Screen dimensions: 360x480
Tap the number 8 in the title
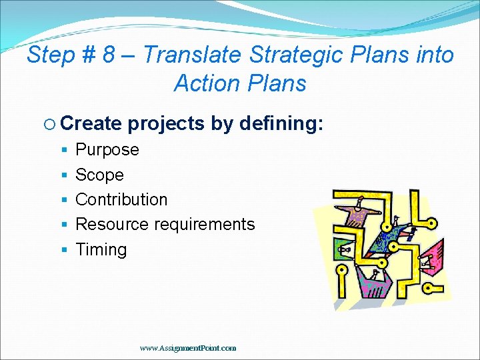109,55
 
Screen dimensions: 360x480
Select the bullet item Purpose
107,150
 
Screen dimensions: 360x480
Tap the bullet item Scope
99,175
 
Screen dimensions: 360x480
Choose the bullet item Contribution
121,199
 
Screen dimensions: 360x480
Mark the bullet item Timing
101,249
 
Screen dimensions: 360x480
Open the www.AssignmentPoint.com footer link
188,347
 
